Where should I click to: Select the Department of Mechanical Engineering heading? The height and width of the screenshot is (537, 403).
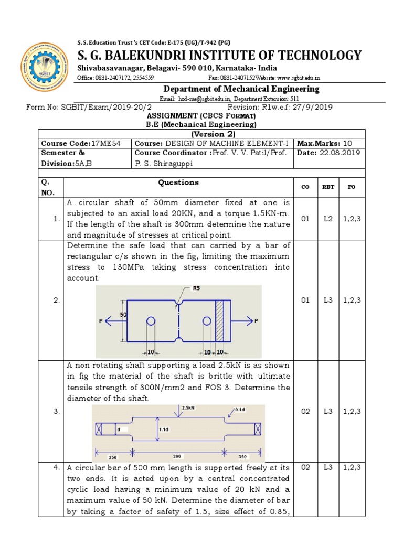click(241, 89)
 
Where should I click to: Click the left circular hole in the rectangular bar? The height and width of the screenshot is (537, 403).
click(151, 321)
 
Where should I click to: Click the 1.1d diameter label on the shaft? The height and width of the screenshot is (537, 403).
click(164, 429)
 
